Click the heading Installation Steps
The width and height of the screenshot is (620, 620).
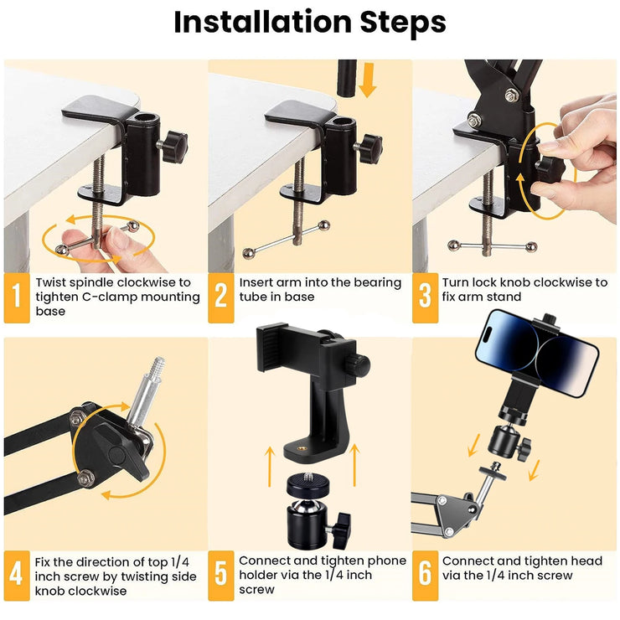click(310, 22)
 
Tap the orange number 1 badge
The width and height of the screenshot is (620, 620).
click(17, 297)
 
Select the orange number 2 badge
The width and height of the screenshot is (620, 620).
click(221, 297)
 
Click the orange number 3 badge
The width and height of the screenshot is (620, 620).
click(425, 297)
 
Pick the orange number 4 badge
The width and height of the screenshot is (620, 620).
click(17, 576)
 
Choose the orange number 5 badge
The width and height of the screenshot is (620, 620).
click(221, 576)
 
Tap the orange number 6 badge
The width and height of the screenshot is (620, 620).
click(425, 576)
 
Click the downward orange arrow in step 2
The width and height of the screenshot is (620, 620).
click(368, 80)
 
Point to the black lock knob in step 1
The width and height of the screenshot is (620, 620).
click(174, 147)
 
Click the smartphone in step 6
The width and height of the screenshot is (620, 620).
click(537, 353)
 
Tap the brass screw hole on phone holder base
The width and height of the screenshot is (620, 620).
click(302, 449)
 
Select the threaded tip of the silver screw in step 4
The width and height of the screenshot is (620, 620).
click(158, 367)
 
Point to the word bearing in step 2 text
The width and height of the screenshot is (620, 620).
click(377, 283)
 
